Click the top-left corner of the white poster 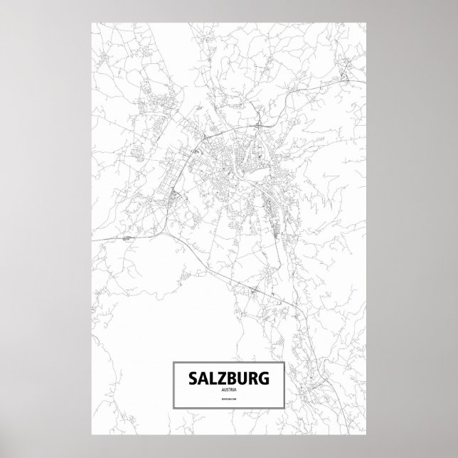coord(92,21)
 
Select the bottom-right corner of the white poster coord(367,435)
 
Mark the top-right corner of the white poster coord(367,21)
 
